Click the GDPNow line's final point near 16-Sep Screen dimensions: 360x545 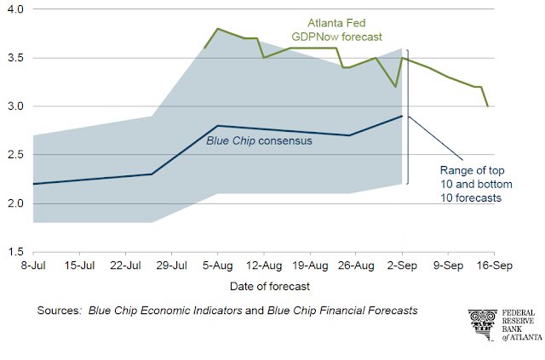[487, 106]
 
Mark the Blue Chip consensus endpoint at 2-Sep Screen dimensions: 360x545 [402, 116]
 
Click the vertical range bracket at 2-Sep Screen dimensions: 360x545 [408, 116]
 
